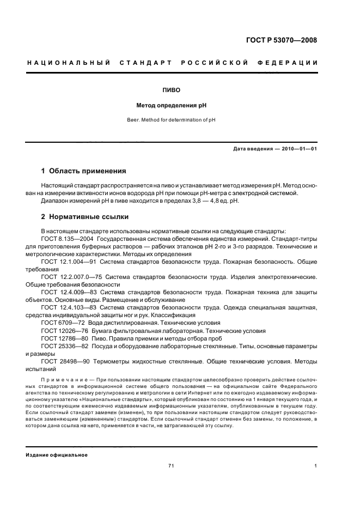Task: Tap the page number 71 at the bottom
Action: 171,466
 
